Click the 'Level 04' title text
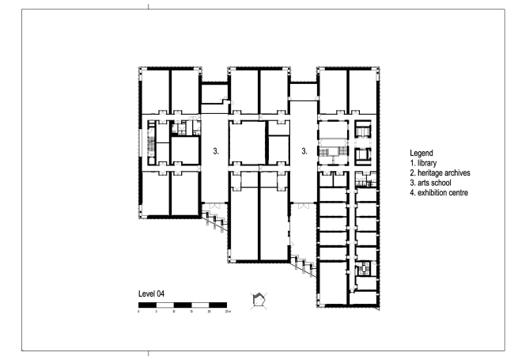[x=152, y=294]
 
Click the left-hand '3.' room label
[x=216, y=149]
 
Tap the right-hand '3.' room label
[x=304, y=149]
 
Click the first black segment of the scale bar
[x=148, y=305]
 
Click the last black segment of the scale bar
[x=218, y=305]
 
